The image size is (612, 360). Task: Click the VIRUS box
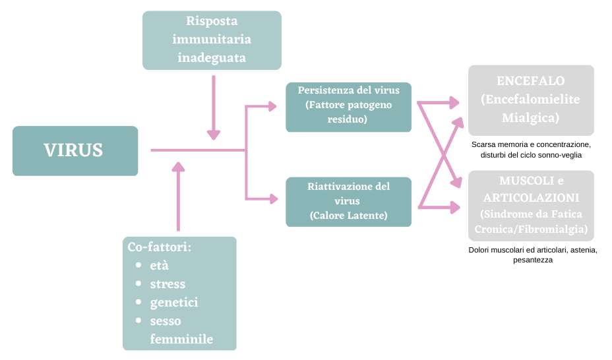point(75,150)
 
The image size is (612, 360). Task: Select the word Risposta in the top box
point(212,21)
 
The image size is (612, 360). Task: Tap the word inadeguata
point(212,58)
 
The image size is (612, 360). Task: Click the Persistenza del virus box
point(348,107)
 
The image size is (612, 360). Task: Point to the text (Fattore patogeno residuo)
point(348,113)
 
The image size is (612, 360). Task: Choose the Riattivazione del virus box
point(348,201)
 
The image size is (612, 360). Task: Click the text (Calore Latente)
point(348,215)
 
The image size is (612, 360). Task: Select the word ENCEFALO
point(531,81)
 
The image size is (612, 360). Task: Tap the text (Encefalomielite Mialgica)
point(531,109)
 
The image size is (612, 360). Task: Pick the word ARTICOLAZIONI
point(531,197)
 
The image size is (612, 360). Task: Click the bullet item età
point(159,265)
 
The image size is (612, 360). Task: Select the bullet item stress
point(168,284)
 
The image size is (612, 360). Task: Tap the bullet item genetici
point(174,303)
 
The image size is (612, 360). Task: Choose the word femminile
point(181,339)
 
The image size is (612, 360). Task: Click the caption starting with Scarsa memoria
point(531,150)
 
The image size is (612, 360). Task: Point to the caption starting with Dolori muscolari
point(531,255)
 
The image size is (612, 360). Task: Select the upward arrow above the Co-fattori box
point(177,195)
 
